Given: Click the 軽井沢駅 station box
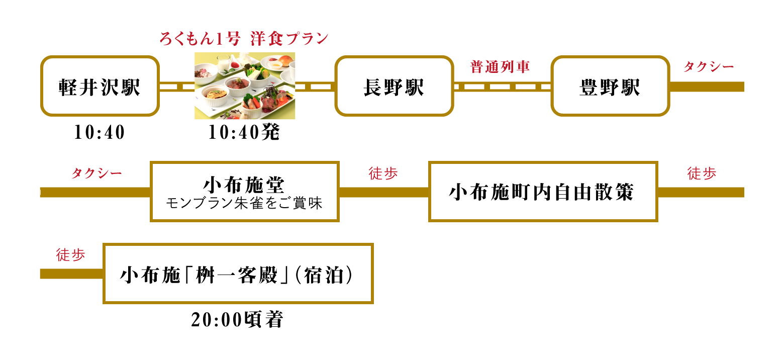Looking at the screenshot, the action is [100, 86].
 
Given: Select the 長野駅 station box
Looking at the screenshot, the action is [394, 86].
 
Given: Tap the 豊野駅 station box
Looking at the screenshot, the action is [611, 86].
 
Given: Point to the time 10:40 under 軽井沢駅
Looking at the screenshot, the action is [100, 132].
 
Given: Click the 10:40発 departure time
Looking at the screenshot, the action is [244, 132].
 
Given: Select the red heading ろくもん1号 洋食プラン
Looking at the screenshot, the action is [244, 39].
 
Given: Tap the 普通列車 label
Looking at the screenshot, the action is [500, 66].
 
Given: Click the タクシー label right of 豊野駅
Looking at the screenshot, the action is [709, 66].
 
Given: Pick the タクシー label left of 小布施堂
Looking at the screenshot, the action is [96, 173].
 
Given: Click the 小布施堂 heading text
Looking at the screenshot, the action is [244, 185].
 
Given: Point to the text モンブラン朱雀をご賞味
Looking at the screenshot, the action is [244, 203].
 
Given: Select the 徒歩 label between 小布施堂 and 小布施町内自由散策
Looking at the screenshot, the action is [383, 173].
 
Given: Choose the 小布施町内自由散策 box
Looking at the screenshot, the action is [543, 192].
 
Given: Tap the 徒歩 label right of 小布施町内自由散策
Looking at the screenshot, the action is [702, 173].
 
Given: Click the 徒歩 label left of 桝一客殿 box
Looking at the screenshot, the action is [71, 254].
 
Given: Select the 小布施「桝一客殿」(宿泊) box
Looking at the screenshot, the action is [238, 274].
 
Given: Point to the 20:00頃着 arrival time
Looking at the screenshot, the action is [237, 320].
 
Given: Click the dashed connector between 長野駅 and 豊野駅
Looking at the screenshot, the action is [502, 86].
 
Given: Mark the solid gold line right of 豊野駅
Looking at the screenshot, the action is [707, 86].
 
